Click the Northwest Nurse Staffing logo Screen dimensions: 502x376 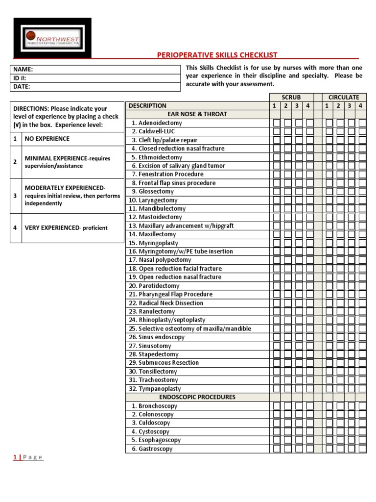pyautogui.click(x=52, y=38)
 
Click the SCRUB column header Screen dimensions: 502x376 pyautogui.click(x=291, y=98)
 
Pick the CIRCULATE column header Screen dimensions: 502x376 pyautogui.click(x=344, y=98)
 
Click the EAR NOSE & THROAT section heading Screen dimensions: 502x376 pyautogui.click(x=197, y=114)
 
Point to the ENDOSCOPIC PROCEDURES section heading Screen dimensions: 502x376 pyautogui.click(x=197, y=397)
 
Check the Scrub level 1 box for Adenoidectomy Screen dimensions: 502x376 pyautogui.click(x=277, y=123)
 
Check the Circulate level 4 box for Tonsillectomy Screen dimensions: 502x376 pyautogui.click(x=362, y=372)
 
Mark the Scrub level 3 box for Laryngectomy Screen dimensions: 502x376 pyautogui.click(x=299, y=200)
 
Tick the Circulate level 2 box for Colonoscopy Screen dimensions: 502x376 pyautogui.click(x=340, y=414)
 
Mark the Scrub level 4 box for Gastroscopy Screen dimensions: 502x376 pyautogui.click(x=309, y=449)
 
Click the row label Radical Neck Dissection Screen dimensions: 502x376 pyautogui.click(x=171, y=303)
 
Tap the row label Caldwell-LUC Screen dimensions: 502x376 pyautogui.click(x=156, y=131)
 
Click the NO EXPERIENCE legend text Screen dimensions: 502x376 pyautogui.click(x=47, y=139)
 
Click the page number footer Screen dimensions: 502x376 pyautogui.click(x=28, y=457)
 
